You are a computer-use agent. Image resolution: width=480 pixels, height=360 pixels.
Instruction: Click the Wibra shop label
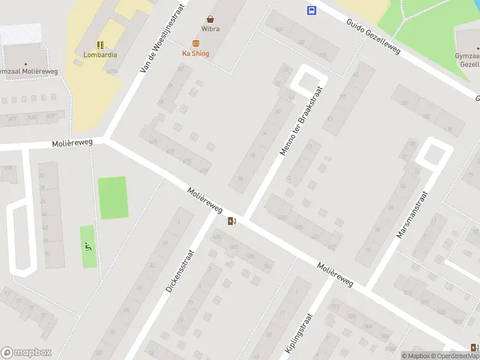[x=211, y=29]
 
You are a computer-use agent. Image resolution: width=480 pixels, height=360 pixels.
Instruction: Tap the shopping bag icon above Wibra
[x=211, y=19]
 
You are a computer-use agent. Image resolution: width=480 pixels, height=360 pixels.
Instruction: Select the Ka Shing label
[x=196, y=53]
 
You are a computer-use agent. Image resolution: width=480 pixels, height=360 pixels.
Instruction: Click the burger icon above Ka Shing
[x=196, y=43]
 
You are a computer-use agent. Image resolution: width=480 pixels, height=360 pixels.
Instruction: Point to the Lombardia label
[x=100, y=55]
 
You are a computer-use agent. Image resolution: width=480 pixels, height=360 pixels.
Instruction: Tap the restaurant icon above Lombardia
[x=100, y=45]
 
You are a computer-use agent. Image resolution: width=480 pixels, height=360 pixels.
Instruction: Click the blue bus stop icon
[x=311, y=10]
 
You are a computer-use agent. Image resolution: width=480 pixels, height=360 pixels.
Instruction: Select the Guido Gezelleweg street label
[x=373, y=36]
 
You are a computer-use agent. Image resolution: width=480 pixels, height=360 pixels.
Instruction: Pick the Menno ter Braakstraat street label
[x=302, y=120]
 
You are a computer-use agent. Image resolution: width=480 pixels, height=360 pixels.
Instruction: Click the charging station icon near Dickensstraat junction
[x=232, y=221]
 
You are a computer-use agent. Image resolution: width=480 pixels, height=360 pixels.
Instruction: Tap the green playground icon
[x=88, y=245]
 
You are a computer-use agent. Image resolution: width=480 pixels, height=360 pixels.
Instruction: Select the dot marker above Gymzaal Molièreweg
[x=26, y=64]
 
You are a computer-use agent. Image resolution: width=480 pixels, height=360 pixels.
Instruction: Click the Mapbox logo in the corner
[x=26, y=353]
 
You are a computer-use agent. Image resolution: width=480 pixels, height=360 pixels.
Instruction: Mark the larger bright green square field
[x=113, y=198]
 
